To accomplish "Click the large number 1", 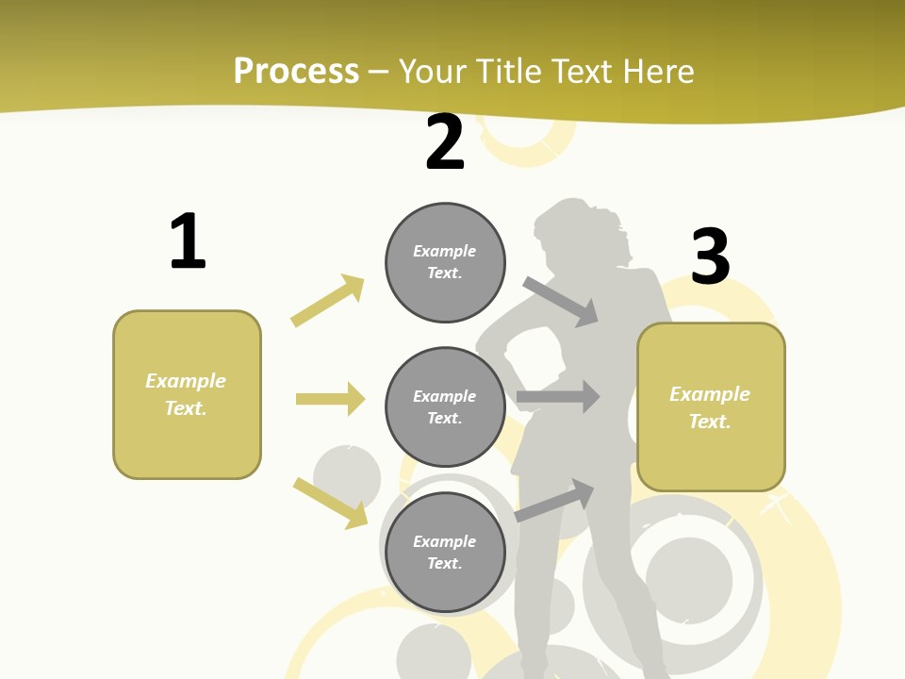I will tap(188, 241).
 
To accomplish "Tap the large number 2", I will tap(445, 142).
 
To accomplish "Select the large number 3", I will tap(710, 257).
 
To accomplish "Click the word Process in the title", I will tap(296, 71).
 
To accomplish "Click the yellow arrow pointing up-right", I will tap(328, 300).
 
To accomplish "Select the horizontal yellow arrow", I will tap(330, 399).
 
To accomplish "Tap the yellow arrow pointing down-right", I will tap(330, 502).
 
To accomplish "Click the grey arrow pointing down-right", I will tap(561, 301).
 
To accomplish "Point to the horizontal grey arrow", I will tap(558, 397).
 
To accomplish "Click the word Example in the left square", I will tap(186, 381).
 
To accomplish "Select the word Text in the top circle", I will tap(443, 273).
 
